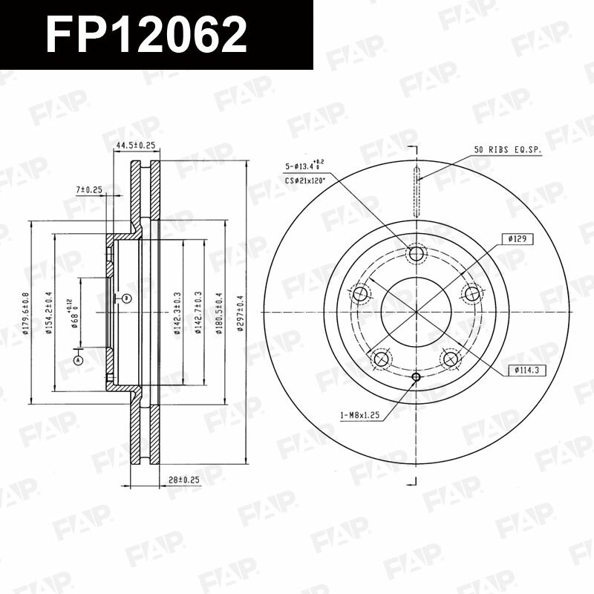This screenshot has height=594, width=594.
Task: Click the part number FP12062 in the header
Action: [146, 35]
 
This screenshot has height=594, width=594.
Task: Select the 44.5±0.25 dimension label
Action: [135, 146]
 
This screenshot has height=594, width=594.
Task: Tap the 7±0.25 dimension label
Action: [88, 190]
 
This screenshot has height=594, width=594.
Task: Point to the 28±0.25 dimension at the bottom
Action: [184, 481]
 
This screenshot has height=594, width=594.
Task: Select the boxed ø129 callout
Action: [518, 239]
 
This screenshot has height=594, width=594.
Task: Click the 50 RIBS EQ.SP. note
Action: [509, 150]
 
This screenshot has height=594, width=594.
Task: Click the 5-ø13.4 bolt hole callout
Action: [303, 166]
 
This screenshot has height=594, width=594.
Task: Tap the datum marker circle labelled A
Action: [77, 360]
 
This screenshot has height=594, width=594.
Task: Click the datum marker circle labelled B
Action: [126, 298]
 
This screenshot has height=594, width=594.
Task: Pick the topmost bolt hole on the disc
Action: [417, 254]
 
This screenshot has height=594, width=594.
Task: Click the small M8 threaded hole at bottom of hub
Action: [416, 376]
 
